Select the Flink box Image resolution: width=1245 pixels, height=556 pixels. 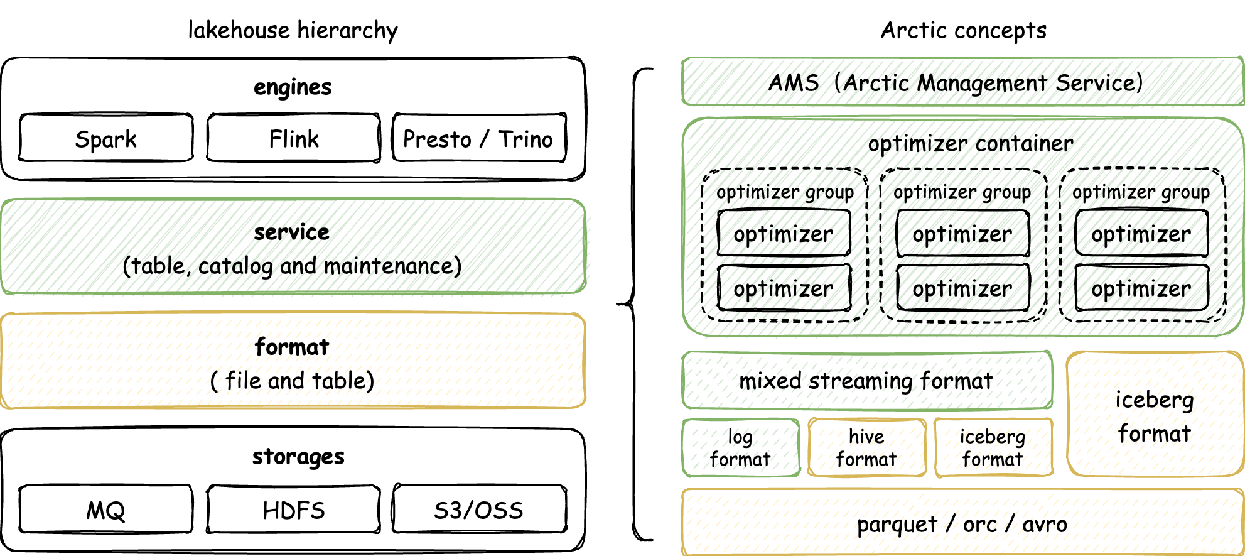pyautogui.click(x=292, y=139)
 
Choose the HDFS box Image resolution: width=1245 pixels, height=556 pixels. pyautogui.click(x=292, y=510)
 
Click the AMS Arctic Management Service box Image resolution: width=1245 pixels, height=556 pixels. pyautogui.click(x=962, y=82)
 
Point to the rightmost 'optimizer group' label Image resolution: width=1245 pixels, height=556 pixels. pyautogui.click(x=1141, y=192)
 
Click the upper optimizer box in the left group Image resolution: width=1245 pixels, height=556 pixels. pyautogui.click(x=784, y=233)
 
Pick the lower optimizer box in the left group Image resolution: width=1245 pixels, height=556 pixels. pyautogui.click(x=784, y=288)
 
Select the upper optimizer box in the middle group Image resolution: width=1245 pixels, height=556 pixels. pyautogui.click(x=962, y=233)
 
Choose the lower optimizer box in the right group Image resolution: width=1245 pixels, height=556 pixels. pyautogui.click(x=1141, y=288)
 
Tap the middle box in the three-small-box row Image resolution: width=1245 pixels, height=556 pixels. pyautogui.click(x=867, y=448)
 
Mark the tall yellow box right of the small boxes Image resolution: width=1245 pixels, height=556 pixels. pyautogui.click(x=1155, y=413)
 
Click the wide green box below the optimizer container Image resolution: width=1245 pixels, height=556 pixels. pyautogui.click(x=867, y=380)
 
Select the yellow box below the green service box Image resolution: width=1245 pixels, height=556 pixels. pyautogui.click(x=293, y=361)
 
